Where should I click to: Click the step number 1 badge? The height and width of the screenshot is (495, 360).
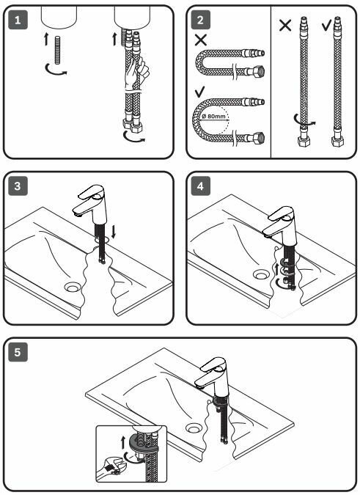[18, 20]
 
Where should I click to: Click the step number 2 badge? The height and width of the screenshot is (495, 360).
[201, 20]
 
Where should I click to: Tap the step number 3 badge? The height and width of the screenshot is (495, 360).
[18, 186]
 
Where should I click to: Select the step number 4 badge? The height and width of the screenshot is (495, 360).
[201, 186]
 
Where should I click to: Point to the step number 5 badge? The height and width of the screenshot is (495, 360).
[18, 352]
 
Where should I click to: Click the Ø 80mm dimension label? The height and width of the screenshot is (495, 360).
[214, 117]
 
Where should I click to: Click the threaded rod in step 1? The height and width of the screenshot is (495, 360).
[57, 50]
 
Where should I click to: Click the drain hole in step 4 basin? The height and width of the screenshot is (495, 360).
[261, 275]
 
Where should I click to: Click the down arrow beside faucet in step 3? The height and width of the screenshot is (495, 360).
[114, 232]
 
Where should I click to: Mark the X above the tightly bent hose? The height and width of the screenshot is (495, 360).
[201, 40]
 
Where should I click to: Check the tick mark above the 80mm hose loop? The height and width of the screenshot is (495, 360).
[200, 92]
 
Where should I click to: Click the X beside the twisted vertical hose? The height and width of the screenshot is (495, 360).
[285, 25]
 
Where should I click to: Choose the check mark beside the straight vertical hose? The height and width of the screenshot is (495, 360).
[327, 26]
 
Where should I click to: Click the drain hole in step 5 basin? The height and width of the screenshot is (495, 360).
[193, 428]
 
